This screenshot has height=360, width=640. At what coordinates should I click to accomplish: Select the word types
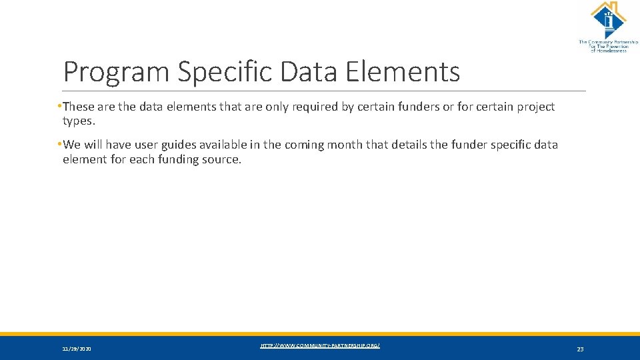click(79, 121)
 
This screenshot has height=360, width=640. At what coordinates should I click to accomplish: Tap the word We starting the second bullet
click(71, 145)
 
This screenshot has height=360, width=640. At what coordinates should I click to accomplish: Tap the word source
click(221, 159)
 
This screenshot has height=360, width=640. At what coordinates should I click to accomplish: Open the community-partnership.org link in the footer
click(320, 345)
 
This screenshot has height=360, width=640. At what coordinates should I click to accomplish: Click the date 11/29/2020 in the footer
click(77, 349)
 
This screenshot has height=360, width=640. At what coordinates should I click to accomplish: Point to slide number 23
click(580, 349)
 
